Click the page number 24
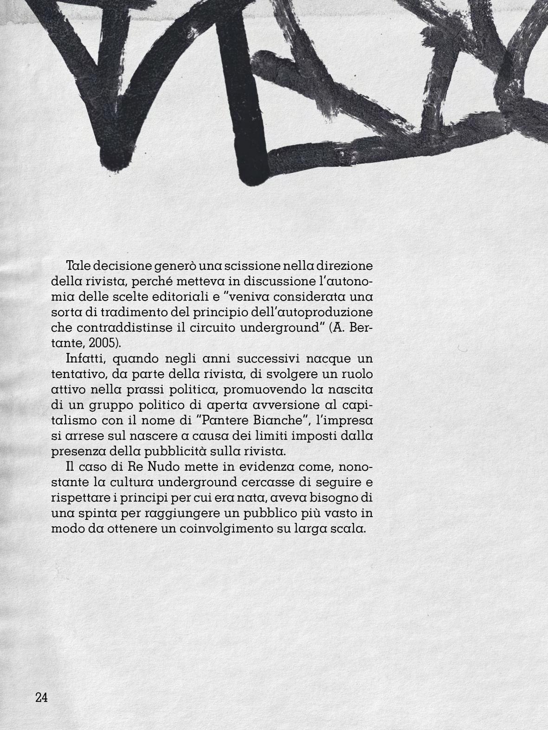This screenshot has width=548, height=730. pyautogui.click(x=41, y=698)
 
